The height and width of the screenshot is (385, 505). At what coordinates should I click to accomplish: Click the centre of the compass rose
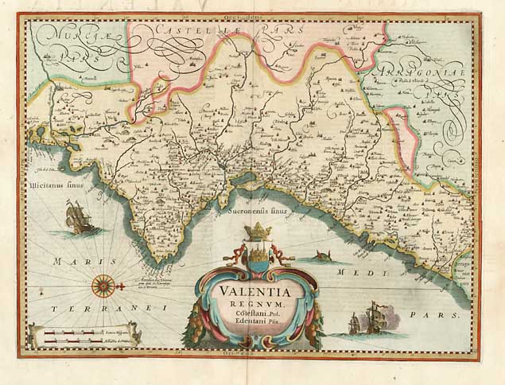(103, 283)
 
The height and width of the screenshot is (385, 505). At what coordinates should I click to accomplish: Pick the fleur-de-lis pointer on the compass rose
(123, 284)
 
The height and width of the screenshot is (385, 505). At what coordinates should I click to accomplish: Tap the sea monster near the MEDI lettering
(323, 256)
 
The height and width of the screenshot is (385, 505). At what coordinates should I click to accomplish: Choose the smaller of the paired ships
(354, 323)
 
